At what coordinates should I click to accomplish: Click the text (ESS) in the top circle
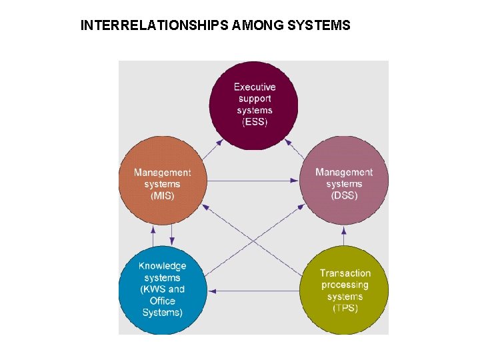(254, 122)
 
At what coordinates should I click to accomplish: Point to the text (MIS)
(162, 196)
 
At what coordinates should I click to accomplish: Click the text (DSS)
(344, 196)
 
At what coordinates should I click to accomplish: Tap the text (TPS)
(345, 309)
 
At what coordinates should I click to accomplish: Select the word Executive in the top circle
(254, 87)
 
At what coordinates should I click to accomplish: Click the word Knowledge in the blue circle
(162, 266)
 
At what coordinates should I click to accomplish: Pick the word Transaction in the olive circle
(345, 273)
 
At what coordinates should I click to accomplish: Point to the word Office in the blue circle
(162, 301)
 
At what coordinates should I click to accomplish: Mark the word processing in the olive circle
(345, 285)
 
